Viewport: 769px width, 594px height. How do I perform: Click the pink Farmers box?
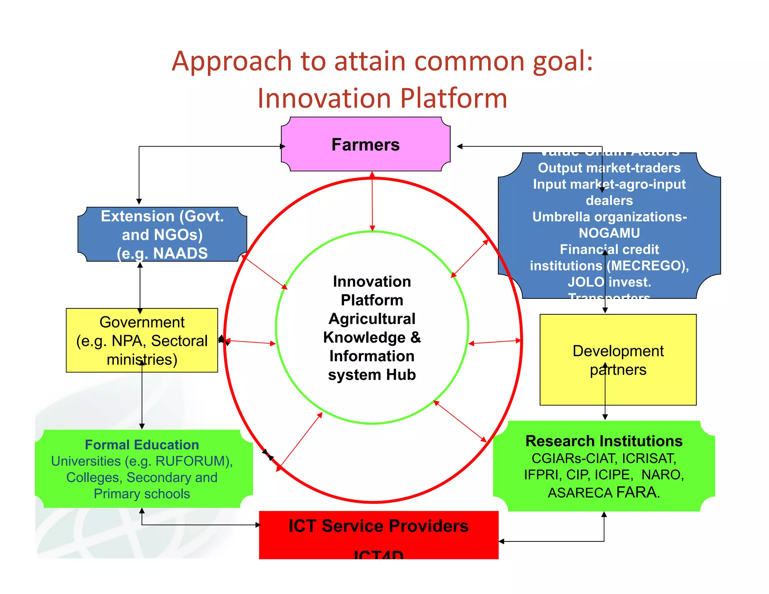tap(365, 144)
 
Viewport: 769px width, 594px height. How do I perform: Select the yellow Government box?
tap(142, 340)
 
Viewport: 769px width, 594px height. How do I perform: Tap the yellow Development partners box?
tap(618, 360)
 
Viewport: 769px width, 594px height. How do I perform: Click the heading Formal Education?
tap(142, 445)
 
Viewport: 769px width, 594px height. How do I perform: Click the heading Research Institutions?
tap(604, 441)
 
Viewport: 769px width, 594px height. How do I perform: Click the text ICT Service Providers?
tap(378, 526)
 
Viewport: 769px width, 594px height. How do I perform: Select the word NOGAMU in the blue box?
tap(609, 233)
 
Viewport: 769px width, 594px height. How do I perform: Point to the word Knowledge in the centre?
tap(364, 338)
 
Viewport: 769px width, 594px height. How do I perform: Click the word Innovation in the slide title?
tap(324, 98)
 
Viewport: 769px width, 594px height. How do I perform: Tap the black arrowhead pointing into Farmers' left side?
tap(283, 146)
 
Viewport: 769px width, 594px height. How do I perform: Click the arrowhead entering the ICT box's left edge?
tap(258, 525)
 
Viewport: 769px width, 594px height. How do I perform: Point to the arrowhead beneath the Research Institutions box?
tap(604, 514)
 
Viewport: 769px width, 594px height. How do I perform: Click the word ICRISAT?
tap(649, 458)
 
